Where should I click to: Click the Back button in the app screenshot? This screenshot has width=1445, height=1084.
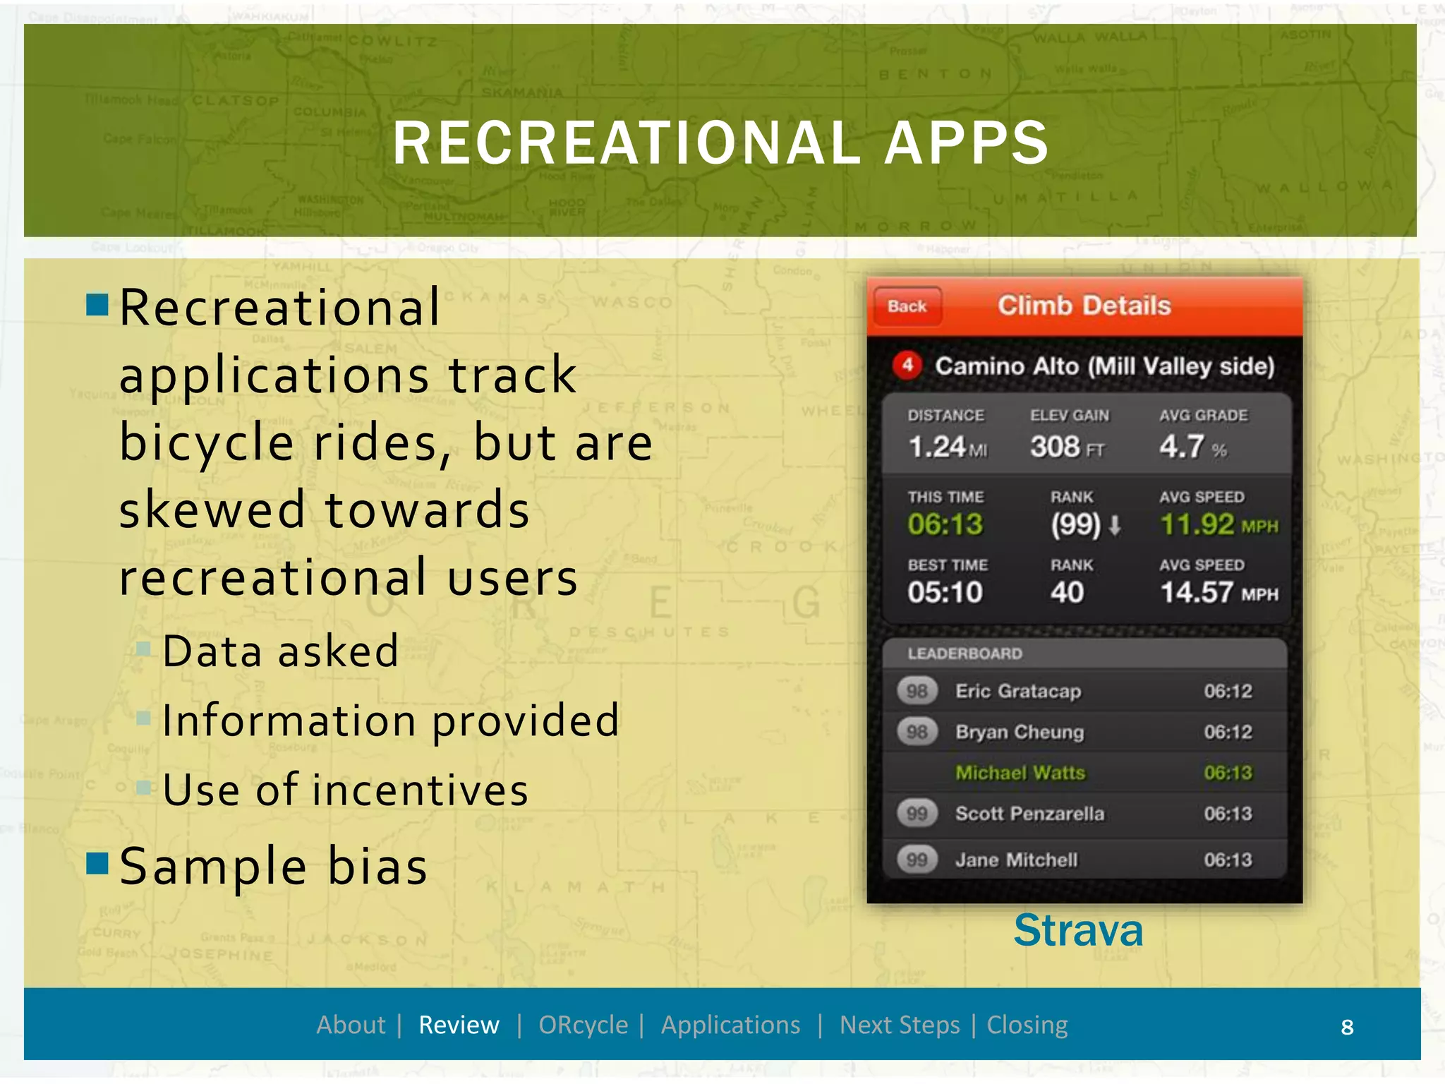pos(907,306)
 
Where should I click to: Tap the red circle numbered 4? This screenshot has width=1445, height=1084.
pos(907,365)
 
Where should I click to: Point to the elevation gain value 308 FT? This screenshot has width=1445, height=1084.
pos(1067,447)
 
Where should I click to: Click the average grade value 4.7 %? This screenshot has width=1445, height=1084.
pos(1192,447)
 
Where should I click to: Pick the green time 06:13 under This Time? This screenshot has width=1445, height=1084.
pos(945,524)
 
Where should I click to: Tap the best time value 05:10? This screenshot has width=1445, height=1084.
pos(945,593)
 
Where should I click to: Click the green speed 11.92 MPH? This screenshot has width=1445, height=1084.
pos(1219,524)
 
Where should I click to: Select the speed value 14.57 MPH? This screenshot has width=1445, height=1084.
pos(1219,593)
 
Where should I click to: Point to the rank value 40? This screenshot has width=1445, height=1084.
pos(1067,593)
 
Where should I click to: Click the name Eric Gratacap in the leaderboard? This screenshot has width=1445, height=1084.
pos(1017,691)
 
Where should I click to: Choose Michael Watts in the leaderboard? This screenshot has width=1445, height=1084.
pos(1020,773)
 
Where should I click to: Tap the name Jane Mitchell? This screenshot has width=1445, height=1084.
pos(1016,860)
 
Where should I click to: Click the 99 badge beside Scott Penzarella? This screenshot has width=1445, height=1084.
pos(917,814)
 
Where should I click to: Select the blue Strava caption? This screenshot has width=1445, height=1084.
pos(1077,930)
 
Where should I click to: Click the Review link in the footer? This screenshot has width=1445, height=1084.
pos(459,1025)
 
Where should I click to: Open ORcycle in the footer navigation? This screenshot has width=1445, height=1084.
pos(583,1025)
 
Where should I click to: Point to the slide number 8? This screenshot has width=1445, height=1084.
pos(1347,1027)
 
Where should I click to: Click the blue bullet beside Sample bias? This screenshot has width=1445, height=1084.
pos(97,862)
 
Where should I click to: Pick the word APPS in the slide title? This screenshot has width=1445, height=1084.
pos(967,143)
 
